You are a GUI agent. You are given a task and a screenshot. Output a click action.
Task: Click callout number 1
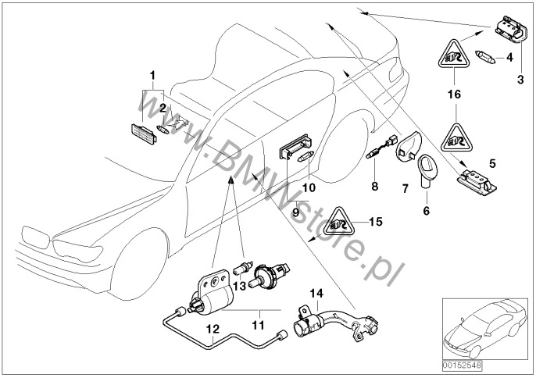click(153, 75)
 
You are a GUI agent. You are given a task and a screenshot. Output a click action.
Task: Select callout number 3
click(520, 79)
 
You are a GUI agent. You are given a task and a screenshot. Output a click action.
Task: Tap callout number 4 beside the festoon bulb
click(509, 57)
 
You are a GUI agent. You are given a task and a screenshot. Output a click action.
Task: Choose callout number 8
click(374, 187)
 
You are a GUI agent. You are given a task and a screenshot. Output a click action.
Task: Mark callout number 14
click(316, 294)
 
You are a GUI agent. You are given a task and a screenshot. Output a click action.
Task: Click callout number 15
click(377, 222)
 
